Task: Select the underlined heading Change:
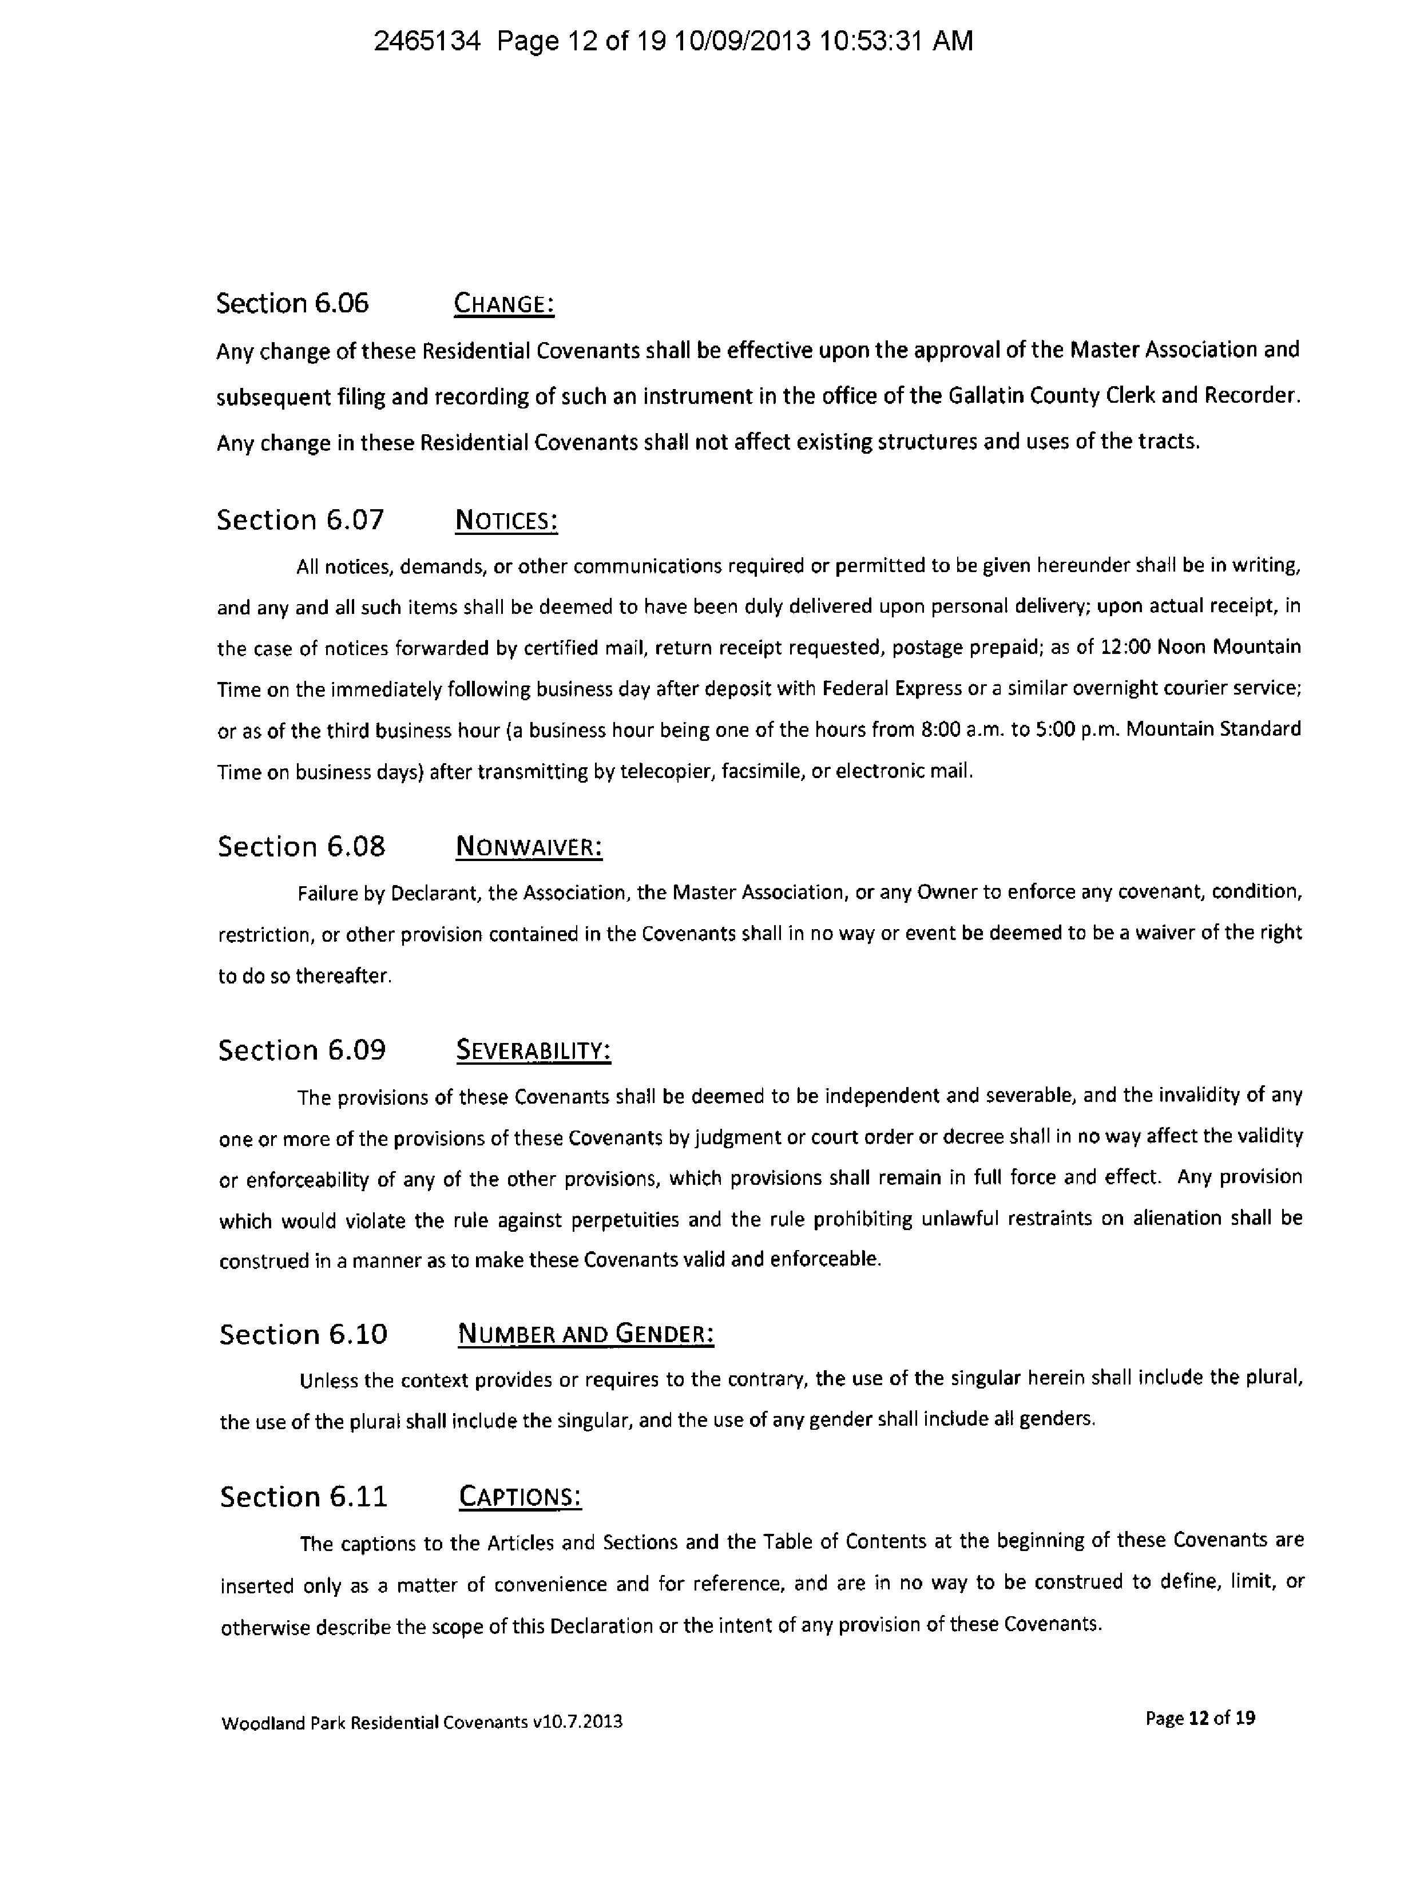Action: pyautogui.click(x=503, y=304)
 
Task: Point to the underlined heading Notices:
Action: pyautogui.click(x=506, y=521)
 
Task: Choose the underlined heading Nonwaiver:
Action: pyautogui.click(x=529, y=847)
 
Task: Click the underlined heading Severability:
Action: pyautogui.click(x=534, y=1051)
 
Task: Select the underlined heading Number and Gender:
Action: pyautogui.click(x=585, y=1334)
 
